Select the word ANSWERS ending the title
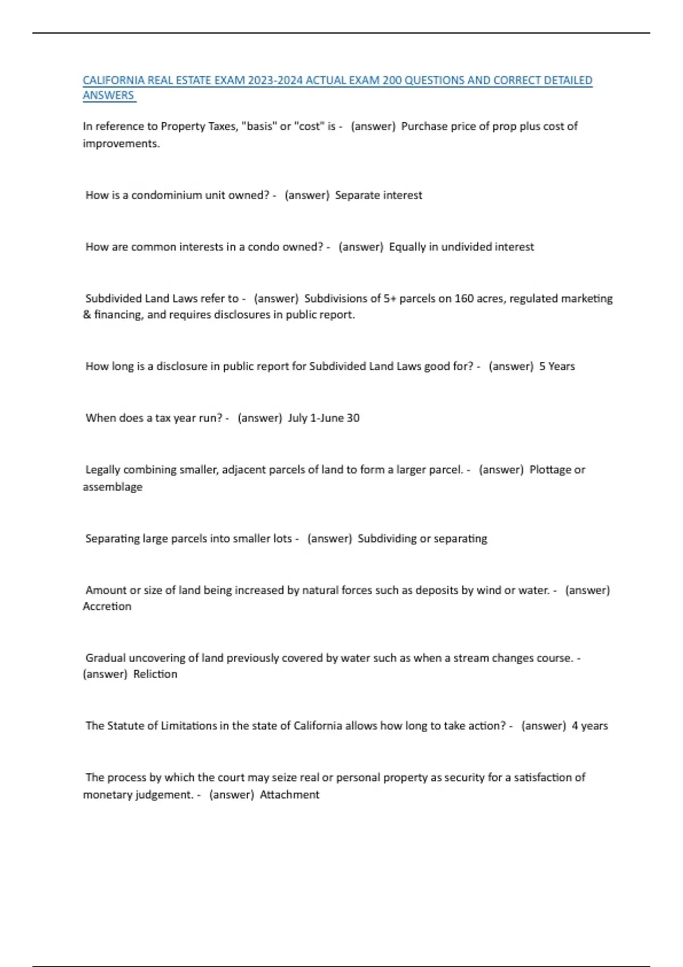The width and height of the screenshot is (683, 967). (108, 95)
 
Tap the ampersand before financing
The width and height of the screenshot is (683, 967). (87, 315)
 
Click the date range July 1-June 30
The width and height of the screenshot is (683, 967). (323, 418)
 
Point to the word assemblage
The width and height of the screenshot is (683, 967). (113, 487)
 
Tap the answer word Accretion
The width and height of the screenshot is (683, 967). (107, 606)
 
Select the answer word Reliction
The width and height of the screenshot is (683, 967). (155, 674)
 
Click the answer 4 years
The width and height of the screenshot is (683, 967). (590, 726)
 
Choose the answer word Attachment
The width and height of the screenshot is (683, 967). (289, 795)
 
